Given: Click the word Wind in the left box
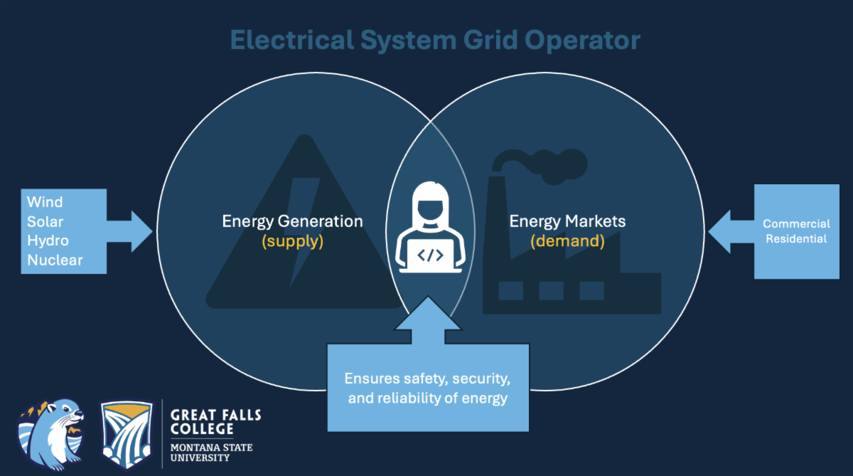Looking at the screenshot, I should [45, 203].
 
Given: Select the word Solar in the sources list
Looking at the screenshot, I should [46, 222].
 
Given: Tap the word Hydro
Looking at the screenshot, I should [48, 241].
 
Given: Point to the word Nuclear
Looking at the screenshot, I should [55, 260].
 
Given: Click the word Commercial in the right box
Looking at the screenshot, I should [796, 224].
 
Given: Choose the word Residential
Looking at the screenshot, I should [796, 239].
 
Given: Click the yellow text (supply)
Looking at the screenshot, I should [292, 241].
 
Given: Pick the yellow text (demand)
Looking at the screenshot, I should [567, 241].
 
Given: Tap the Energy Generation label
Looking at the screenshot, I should [292, 221].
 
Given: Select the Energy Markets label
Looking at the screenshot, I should [567, 221].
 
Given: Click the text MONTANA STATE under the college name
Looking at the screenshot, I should [211, 448].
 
